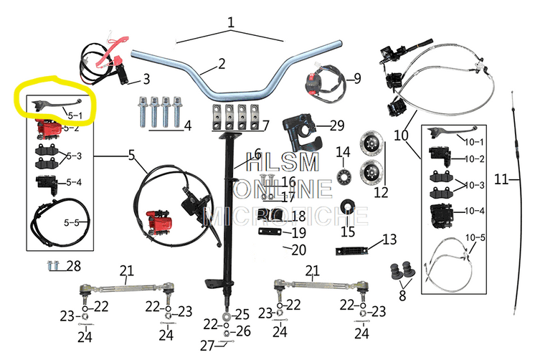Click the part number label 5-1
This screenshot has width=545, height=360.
click(75, 114)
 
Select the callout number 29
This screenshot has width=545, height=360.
click(336, 126)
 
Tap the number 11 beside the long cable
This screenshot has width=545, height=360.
click(501, 179)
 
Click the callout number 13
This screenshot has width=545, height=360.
click(389, 239)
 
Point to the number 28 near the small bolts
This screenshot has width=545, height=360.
click(74, 266)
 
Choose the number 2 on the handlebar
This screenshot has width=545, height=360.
click(222, 63)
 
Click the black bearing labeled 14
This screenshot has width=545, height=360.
click(344, 176)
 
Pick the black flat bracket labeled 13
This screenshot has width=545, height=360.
click(352, 251)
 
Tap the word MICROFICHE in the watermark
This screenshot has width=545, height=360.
click(287, 214)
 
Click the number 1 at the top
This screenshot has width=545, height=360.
click(231, 22)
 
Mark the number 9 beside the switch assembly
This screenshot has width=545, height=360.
click(357, 77)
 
